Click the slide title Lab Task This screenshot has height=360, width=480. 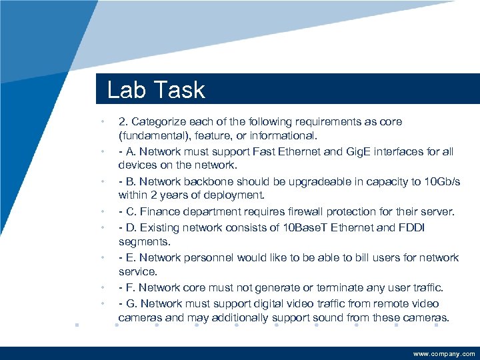coord(156,89)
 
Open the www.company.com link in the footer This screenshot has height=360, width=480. coord(444,354)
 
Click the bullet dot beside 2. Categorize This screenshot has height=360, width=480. coord(101,122)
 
